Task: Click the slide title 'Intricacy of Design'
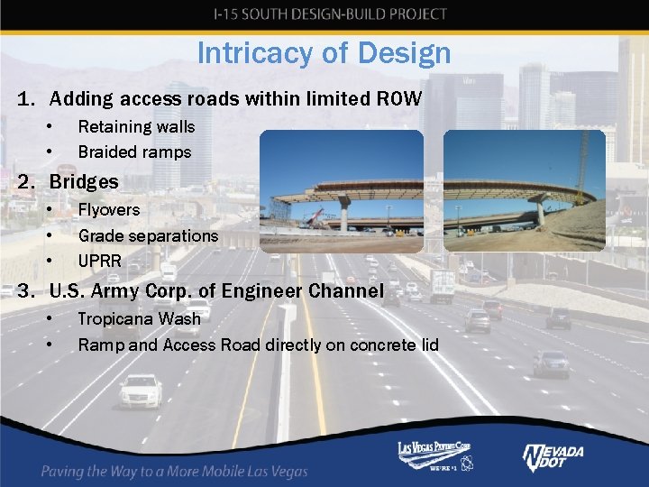pyautogui.click(x=324, y=53)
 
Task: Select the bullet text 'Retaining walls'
pyautogui.click(x=136, y=126)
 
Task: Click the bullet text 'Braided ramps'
pyautogui.click(x=134, y=152)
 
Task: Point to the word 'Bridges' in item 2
pyautogui.click(x=84, y=181)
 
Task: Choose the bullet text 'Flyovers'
pyautogui.click(x=109, y=209)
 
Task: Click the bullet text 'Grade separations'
pyautogui.click(x=148, y=235)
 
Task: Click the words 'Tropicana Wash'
pyautogui.click(x=139, y=318)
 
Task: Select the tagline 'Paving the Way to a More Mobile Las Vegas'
pyautogui.click(x=174, y=471)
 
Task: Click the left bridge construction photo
pyautogui.click(x=341, y=191)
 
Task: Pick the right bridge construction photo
pyautogui.click(x=524, y=191)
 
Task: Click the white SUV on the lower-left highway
pyautogui.click(x=142, y=391)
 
